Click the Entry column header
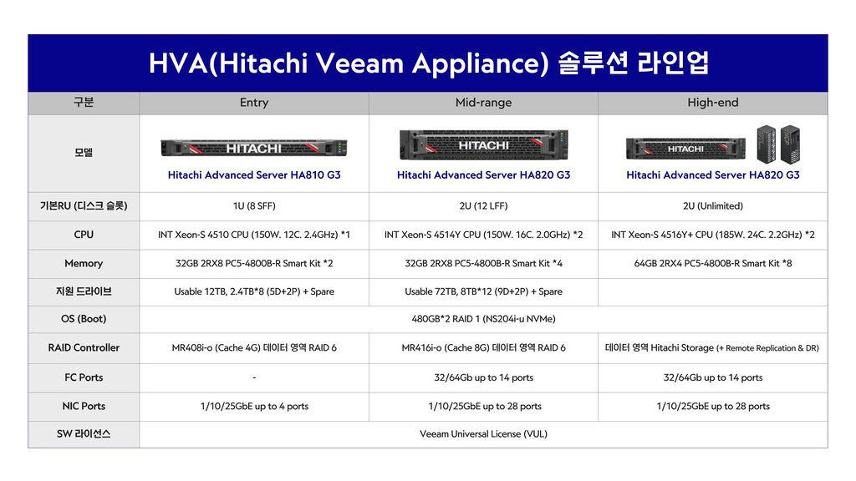254,103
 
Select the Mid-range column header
483,103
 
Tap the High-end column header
712,103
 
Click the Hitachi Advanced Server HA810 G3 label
254,175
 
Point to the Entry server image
254,148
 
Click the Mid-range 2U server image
484,144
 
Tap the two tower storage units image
778,144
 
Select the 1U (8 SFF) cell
254,206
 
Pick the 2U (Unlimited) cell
712,206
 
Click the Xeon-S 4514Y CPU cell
483,235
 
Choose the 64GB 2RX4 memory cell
712,263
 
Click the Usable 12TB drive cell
254,291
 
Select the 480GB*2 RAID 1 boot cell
483,319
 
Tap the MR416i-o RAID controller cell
483,348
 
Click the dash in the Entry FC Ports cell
254,377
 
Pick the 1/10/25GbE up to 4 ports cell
254,407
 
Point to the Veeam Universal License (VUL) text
483,434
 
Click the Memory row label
84,263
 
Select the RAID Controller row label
84,348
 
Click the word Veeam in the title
360,63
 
